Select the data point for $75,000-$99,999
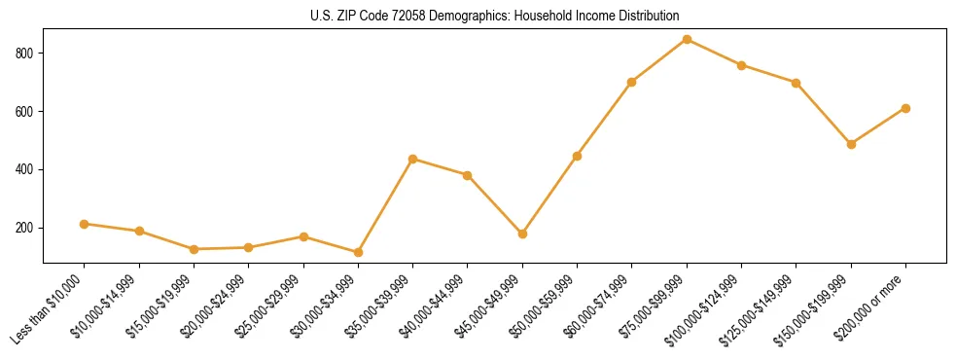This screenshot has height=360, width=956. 687,39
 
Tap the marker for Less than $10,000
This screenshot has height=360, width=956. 85,224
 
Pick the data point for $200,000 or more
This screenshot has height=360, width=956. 905,108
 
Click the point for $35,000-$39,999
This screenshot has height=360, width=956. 413,159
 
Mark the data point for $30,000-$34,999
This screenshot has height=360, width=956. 358,252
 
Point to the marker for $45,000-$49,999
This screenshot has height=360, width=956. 522,234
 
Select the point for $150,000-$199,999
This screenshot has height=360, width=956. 851,144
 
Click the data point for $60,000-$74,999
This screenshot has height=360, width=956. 632,82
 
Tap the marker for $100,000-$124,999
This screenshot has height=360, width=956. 742,65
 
